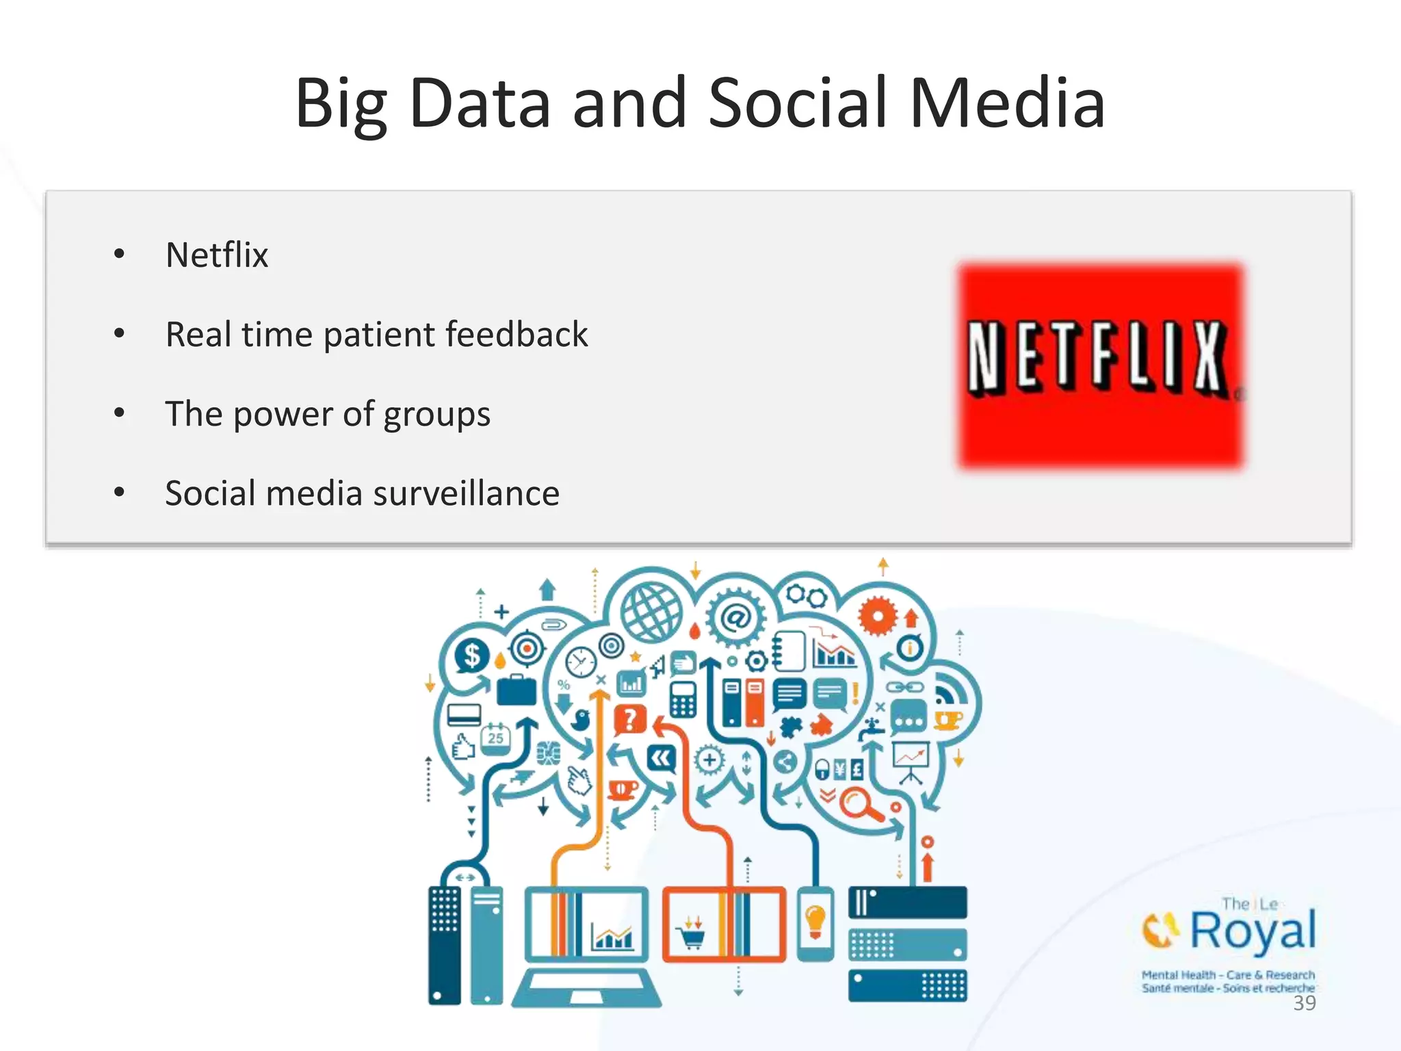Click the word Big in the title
341,104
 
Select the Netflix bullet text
217,255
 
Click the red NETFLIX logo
1101,365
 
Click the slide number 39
1305,1003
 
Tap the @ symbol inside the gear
736,619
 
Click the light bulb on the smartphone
815,920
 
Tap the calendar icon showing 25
495,738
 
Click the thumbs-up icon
463,747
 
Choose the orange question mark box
629,719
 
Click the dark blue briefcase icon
516,690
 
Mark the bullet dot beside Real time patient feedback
120,334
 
